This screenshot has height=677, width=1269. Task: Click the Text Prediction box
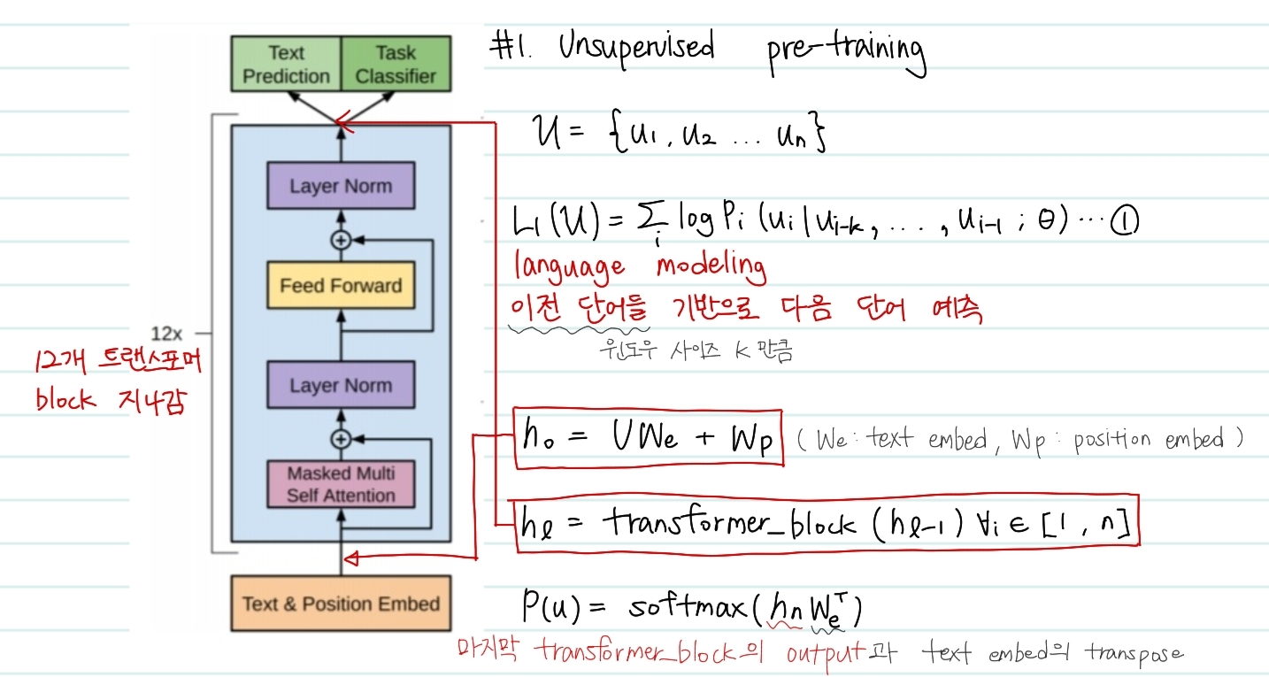pyautogui.click(x=286, y=65)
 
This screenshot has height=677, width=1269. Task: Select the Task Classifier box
pyautogui.click(x=396, y=65)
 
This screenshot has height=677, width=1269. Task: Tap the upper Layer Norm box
pyautogui.click(x=341, y=187)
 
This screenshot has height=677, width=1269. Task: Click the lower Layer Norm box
pyautogui.click(x=341, y=386)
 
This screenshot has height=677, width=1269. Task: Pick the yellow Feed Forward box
pyautogui.click(x=341, y=286)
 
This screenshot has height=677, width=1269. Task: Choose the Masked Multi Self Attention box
pyautogui.click(x=341, y=484)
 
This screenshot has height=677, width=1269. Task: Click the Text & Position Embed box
pyautogui.click(x=341, y=604)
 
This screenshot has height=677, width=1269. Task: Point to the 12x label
pyautogui.click(x=166, y=334)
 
